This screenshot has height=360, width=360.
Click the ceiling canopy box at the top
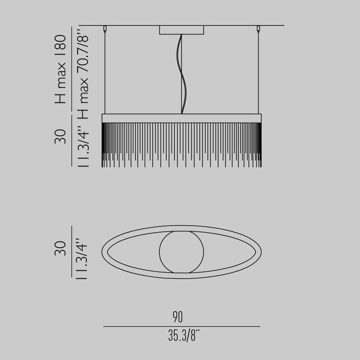tap(181, 30)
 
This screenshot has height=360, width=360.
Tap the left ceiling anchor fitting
tap(105, 29)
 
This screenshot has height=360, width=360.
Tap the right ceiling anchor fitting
tap(258, 29)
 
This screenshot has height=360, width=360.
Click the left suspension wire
tap(105, 72)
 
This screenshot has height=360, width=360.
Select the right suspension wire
tap(258, 72)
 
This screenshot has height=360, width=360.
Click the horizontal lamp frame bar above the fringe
tap(181, 118)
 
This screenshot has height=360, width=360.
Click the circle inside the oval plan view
tap(181, 252)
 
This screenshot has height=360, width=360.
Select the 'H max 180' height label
tap(60, 69)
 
